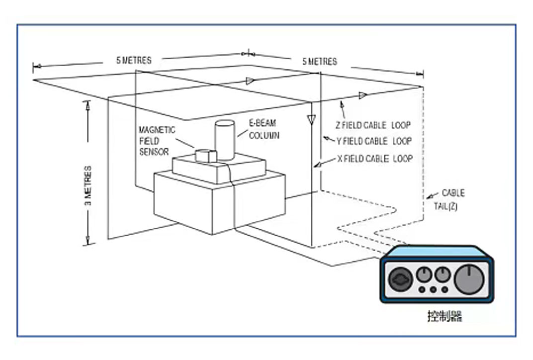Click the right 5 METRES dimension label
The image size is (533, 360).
click(320, 62)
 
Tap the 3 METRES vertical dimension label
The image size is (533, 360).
click(88, 186)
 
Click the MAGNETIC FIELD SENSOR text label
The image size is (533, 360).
click(157, 141)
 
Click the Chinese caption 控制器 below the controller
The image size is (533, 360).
click(444, 316)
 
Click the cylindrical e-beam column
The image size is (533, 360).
click(224, 139)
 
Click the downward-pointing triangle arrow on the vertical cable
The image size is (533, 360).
click(311, 119)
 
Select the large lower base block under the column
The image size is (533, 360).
click(219, 201)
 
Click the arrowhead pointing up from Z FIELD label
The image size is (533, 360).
click(341, 103)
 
